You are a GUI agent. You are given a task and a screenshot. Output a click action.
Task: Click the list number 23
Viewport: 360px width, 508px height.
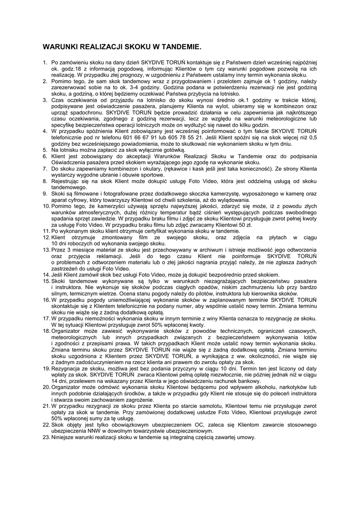tap(46, 437)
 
